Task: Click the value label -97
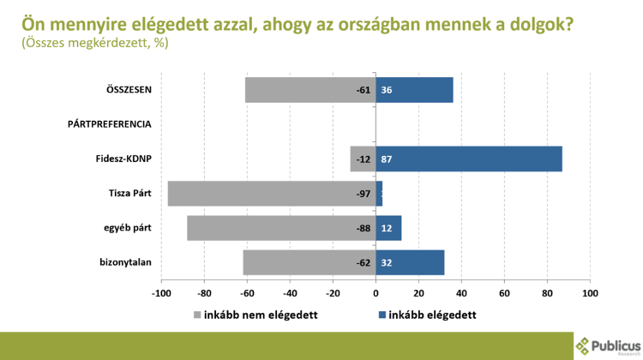coord(364,194)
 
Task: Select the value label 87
coord(387,159)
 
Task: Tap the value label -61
coord(364,90)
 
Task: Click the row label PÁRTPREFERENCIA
coord(109,124)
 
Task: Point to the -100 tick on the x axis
coord(159,293)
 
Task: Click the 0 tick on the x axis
coord(376,293)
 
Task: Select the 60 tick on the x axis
coord(504,293)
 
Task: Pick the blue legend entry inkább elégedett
coord(426,315)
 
